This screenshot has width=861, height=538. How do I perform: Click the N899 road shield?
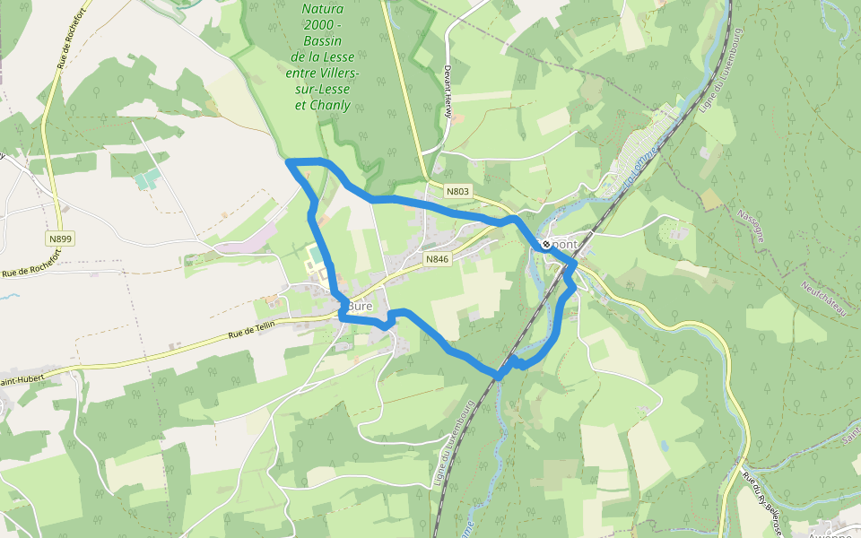click(61, 238)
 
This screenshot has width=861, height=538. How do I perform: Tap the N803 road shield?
click(457, 191)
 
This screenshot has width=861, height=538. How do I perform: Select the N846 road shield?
click(437, 259)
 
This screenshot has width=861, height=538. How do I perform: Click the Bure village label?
click(360, 306)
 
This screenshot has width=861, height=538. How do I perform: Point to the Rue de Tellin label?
click(252, 334)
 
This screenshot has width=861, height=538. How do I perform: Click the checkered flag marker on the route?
click(545, 244)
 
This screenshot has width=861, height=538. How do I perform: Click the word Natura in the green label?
click(323, 9)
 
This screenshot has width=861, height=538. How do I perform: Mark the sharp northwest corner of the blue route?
click(288, 161)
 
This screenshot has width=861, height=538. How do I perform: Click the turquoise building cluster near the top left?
click(148, 178)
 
